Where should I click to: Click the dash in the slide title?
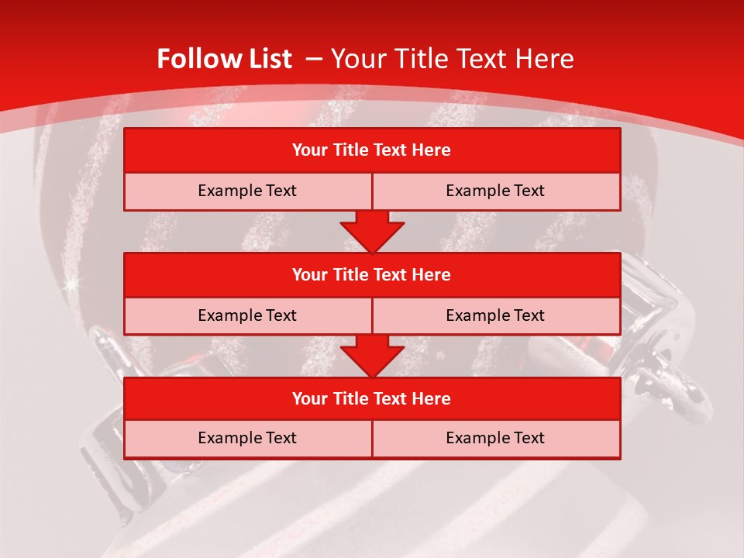tap(314, 59)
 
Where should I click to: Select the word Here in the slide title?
tap(546, 59)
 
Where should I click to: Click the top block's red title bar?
tap(372, 150)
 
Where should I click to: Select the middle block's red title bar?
tap(372, 274)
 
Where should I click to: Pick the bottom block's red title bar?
tap(372, 398)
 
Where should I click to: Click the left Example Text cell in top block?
tap(248, 191)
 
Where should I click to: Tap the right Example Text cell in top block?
tap(496, 191)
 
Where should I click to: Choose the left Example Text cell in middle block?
tap(248, 315)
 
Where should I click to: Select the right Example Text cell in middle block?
tap(496, 315)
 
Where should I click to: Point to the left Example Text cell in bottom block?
tap(248, 438)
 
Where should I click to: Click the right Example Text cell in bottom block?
tap(496, 438)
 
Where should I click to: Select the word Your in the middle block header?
tap(310, 274)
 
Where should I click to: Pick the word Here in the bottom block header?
tap(432, 398)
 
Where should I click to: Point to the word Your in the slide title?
tap(356, 59)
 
